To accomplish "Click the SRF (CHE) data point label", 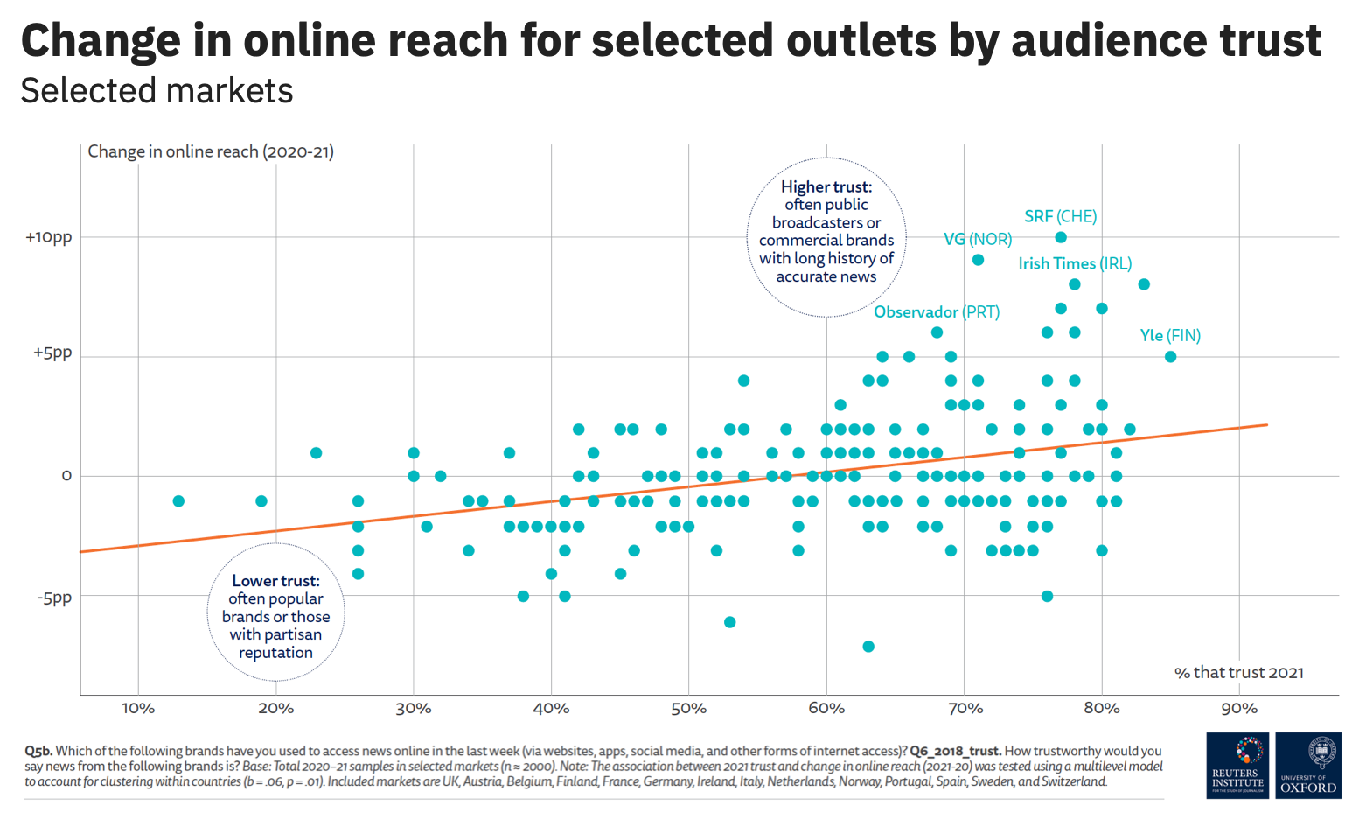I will [1060, 216].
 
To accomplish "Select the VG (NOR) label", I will [978, 239].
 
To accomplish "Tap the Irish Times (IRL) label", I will [1075, 263].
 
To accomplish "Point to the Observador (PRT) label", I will [937, 312].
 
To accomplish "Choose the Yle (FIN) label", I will [1170, 336].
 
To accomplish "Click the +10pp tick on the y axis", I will [49, 237].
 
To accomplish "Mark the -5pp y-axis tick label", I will [54, 598].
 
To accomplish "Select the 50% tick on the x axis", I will [688, 709].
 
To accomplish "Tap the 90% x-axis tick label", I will [1238, 709].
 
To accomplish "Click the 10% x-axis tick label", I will [138, 709].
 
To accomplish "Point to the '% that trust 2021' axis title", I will [1238, 673].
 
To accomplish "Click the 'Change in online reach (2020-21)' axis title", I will [211, 151].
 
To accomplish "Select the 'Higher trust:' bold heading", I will [826, 186].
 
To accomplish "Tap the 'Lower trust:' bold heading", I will [275, 581].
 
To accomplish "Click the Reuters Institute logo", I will [1237, 766].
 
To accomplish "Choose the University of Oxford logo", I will [1308, 766].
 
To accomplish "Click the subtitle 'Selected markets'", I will [157, 91].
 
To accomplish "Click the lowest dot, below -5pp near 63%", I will [868, 647].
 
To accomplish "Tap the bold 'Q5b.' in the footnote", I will [38, 751].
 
